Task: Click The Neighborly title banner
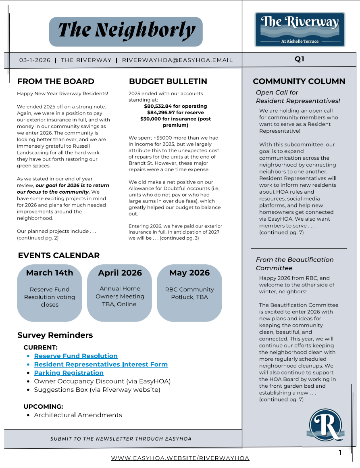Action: click(126, 31)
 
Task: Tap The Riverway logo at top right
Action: click(300, 29)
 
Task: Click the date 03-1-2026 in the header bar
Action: click(35, 60)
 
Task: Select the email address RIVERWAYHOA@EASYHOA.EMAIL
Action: click(177, 60)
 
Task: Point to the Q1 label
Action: click(300, 59)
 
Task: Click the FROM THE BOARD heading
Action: click(56, 81)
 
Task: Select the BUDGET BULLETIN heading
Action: click(168, 81)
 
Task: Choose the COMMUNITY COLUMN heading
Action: click(299, 81)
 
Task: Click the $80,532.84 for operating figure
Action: click(175, 106)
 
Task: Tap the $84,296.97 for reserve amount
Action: click(175, 113)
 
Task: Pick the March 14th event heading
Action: click(50, 273)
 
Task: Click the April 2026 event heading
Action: click(120, 273)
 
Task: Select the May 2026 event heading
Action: click(189, 273)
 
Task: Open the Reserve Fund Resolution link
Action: click(76, 356)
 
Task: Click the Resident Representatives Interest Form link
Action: click(101, 364)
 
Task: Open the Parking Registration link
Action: click(69, 373)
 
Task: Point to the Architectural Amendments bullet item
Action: click(78, 415)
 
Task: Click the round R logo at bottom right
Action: click(325, 425)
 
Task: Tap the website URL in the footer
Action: click(180, 458)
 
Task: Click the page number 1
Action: click(340, 453)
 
